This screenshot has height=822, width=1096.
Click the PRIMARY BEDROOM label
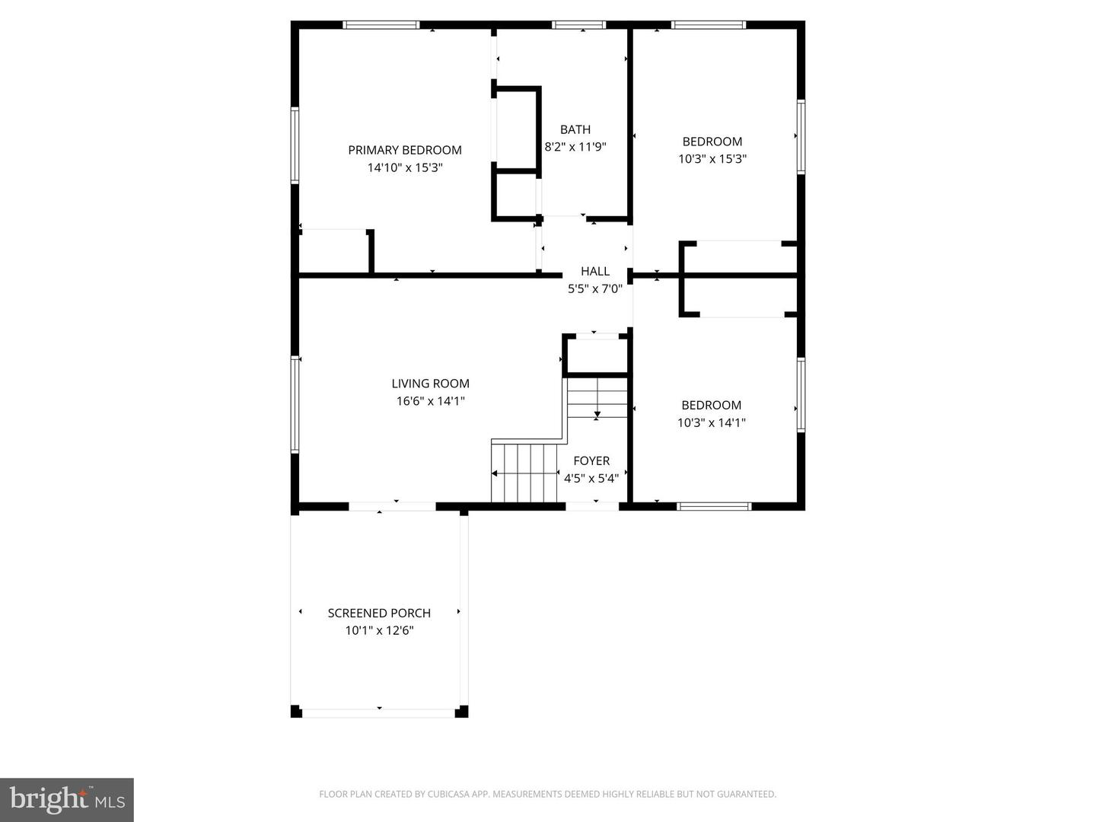pyautogui.click(x=404, y=150)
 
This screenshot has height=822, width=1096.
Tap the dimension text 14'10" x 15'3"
pyautogui.click(x=404, y=167)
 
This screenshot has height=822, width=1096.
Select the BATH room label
pyautogui.click(x=575, y=129)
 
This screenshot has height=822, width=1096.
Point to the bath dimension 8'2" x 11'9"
pyautogui.click(x=575, y=147)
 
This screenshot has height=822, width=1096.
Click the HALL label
pyautogui.click(x=594, y=271)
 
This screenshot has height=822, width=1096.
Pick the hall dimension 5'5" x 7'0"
pyautogui.click(x=594, y=288)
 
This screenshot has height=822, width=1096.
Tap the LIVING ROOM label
pyautogui.click(x=430, y=384)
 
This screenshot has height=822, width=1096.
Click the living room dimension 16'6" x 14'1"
pyautogui.click(x=430, y=401)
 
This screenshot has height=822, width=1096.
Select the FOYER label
pyautogui.click(x=591, y=460)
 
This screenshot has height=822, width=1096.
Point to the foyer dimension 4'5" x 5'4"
pyautogui.click(x=591, y=478)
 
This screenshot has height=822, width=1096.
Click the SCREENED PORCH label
pyautogui.click(x=379, y=613)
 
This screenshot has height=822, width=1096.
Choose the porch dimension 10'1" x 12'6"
pyautogui.click(x=379, y=630)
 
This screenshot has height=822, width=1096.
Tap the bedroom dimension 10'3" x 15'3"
pyautogui.click(x=712, y=159)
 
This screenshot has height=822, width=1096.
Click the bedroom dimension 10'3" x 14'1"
pyautogui.click(x=711, y=422)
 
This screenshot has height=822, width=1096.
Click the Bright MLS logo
pyautogui.click(x=67, y=799)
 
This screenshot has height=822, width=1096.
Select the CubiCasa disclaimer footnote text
pyautogui.click(x=547, y=794)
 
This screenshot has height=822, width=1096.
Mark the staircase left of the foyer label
pyautogui.click(x=524, y=473)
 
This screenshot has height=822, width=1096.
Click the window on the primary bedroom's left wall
pyautogui.click(x=295, y=145)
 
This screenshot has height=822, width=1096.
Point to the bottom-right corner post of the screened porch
pyautogui.click(x=461, y=712)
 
